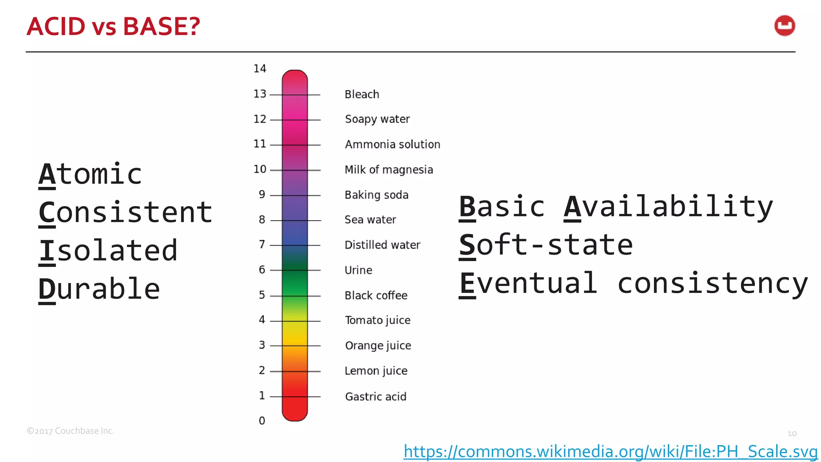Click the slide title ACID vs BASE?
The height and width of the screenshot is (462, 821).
point(113,26)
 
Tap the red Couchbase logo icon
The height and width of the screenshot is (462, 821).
point(785,26)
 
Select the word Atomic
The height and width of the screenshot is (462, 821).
point(91,174)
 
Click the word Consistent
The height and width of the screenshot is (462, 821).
point(125,212)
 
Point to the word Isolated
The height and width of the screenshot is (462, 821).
point(108,251)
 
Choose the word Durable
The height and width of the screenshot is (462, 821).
point(99,289)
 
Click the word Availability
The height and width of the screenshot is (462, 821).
point(668,207)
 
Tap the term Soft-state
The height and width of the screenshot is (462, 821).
point(546,245)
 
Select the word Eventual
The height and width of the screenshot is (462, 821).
point(528,283)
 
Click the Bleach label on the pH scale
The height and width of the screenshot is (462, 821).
point(362,94)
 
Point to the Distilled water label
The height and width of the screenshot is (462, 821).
point(382,245)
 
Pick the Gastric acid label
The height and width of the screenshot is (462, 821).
point(376,397)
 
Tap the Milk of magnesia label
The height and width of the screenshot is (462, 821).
point(389,170)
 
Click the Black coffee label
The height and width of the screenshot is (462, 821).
point(376,296)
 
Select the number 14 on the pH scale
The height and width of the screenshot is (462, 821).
point(260,69)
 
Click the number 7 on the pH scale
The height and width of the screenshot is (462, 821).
point(262,244)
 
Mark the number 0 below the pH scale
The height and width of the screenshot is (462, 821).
point(262,421)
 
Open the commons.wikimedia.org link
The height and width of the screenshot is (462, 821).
point(611,452)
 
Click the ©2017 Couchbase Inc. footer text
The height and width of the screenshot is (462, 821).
point(71,431)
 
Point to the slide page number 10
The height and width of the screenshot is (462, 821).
point(792,434)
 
